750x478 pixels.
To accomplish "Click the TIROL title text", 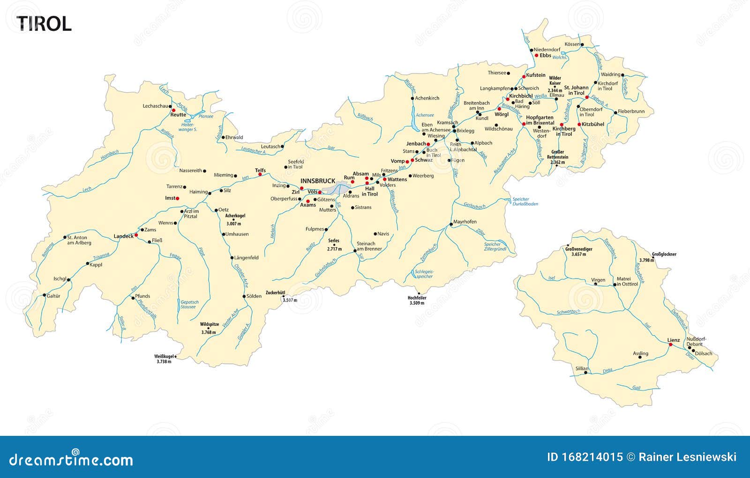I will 45,23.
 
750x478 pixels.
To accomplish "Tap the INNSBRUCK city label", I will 318,181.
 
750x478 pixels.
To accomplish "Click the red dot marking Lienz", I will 670,345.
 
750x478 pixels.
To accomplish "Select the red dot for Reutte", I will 173,110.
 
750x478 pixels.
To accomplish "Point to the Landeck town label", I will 124,236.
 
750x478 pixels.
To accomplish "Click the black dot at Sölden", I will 244,296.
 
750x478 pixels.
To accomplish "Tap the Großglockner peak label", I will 664,254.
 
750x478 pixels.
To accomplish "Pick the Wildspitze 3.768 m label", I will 209,328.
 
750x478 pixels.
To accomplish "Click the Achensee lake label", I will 425,115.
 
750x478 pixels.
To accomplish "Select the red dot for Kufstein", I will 524,77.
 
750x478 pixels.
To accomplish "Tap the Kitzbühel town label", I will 593,125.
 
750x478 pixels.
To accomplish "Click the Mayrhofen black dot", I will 451,225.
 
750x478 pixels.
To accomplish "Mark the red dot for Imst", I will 178,199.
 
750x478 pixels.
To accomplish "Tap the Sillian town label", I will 581,368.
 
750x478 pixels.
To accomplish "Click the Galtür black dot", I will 45,295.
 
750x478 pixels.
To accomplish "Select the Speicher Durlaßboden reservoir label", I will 525,202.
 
